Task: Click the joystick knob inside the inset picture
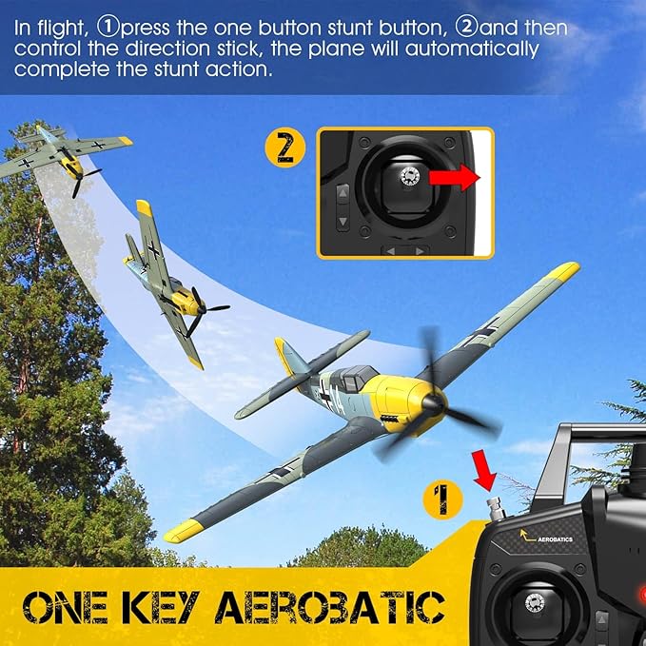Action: coord(411,176)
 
